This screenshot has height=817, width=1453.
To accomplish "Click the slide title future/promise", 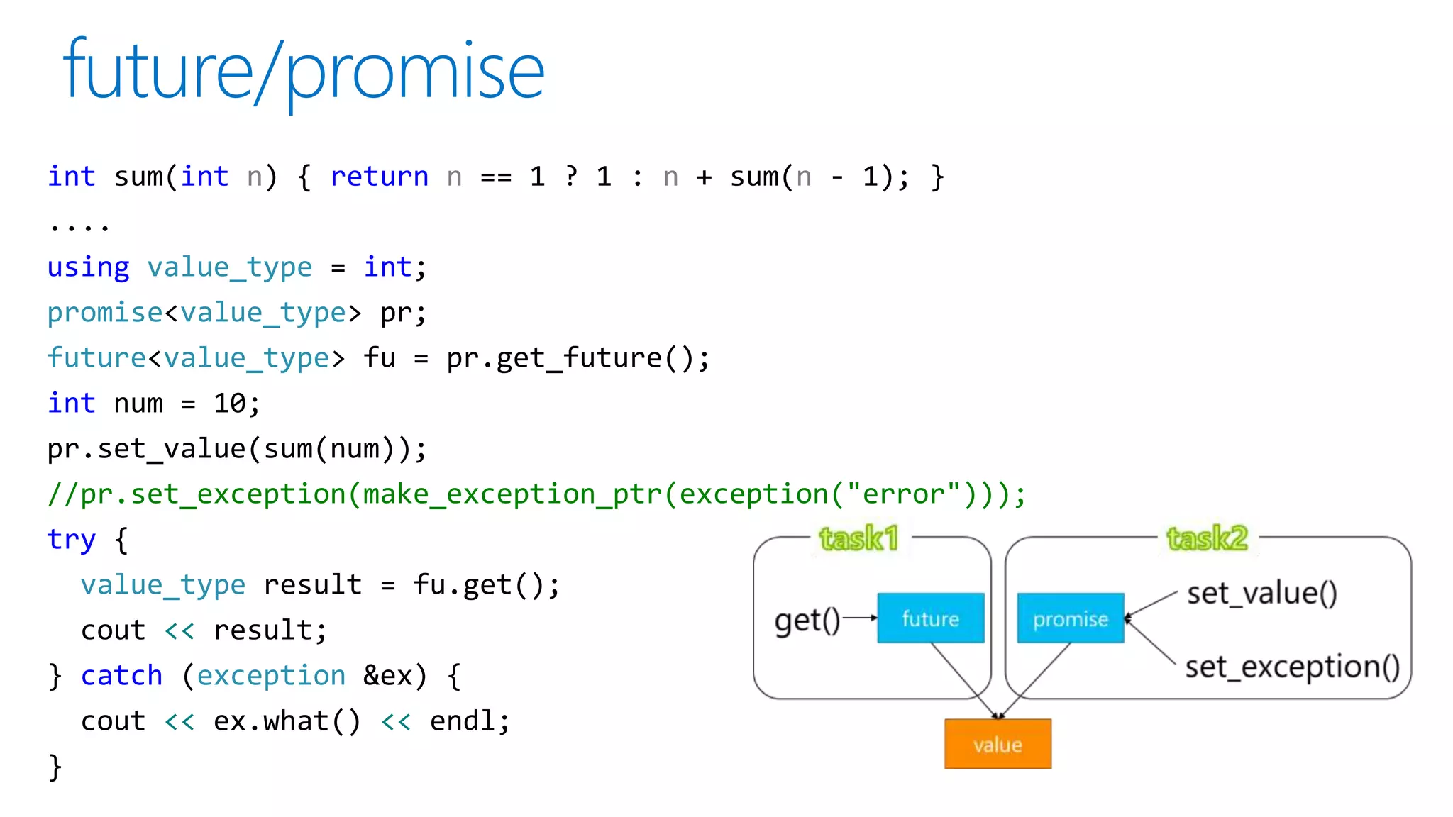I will point(304,71).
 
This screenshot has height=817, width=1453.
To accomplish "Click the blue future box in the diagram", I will point(930,618).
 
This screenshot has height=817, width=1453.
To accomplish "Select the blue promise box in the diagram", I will point(1070,618).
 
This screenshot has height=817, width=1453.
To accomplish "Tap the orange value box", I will point(998,744).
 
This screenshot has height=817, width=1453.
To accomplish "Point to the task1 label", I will point(858,538).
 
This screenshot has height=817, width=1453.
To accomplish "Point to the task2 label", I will point(1207,538).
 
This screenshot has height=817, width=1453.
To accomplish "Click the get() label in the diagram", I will point(807,621).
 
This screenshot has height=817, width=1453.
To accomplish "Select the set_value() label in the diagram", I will point(1261,593).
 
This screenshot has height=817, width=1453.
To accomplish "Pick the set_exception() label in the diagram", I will point(1292,667).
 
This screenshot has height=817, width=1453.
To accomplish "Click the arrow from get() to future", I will point(859,618).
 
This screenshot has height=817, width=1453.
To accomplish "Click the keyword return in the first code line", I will point(379,177).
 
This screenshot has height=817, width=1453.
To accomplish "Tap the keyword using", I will point(88,267).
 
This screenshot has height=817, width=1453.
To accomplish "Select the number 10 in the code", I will point(229,404).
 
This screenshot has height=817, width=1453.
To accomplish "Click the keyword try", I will point(71,540).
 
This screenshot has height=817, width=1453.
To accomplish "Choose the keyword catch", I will point(121,676).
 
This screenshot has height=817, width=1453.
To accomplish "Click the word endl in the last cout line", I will point(463,721).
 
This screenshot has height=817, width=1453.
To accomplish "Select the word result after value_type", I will point(312,585).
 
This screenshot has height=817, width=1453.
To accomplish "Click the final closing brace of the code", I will point(55,767).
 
